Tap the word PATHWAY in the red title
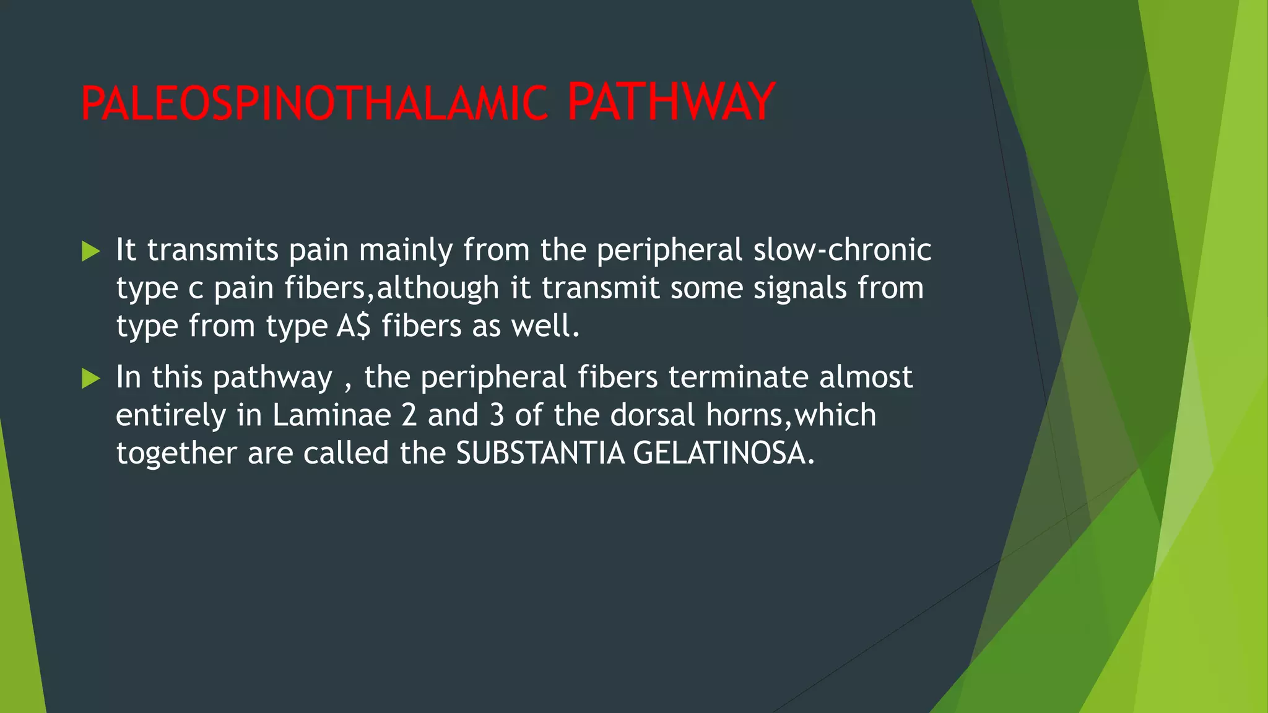point(671,102)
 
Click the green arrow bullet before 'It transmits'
point(90,251)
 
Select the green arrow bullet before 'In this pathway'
point(90,379)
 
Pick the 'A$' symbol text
point(354,326)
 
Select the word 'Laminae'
point(331,415)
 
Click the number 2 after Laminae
point(409,415)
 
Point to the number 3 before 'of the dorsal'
point(497,415)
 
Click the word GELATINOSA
point(723,454)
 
